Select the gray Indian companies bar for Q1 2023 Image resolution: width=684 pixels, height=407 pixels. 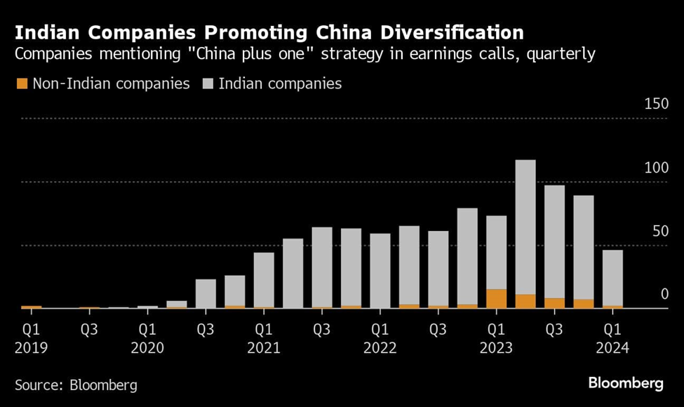tap(496, 253)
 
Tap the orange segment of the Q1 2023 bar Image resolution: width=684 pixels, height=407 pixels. tap(496, 299)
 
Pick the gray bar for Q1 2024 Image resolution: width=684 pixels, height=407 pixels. tap(612, 278)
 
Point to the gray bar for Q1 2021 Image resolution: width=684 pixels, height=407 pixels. tap(264, 280)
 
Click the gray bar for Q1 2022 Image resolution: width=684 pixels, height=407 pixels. tap(380, 271)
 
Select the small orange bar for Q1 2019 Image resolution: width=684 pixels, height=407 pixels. tap(32, 307)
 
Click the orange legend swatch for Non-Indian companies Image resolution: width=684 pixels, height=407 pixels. tap(22, 84)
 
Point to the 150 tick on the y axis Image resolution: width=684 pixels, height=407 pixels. tap(656, 105)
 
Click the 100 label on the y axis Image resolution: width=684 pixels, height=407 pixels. tap(656, 168)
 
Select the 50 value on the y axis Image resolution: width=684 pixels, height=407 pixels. tap(659, 231)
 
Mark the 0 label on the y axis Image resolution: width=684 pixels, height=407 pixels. tap(664, 294)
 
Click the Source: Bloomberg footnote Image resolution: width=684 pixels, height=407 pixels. tap(76, 385)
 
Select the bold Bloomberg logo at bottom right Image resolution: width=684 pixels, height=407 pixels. tap(626, 383)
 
